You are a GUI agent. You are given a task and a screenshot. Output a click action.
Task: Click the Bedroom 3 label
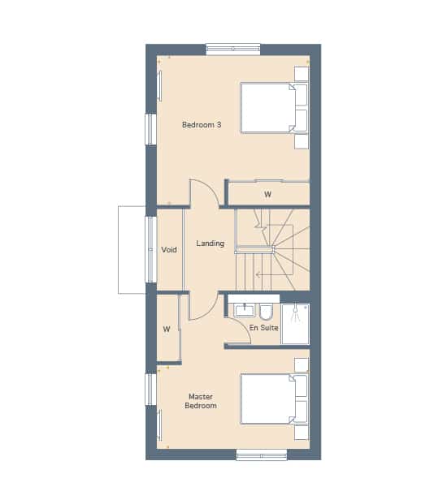(202, 125)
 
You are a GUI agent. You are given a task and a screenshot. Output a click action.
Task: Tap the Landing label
(210, 243)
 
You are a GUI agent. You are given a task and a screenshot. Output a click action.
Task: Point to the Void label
(169, 250)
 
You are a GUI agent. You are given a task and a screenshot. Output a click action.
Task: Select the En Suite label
(264, 328)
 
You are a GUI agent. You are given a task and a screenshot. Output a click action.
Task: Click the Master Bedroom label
(201, 401)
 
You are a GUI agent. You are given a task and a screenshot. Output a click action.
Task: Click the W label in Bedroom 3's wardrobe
(267, 195)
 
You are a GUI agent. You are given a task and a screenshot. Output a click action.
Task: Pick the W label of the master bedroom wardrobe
(167, 329)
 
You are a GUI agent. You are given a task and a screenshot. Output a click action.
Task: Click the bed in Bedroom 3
(274, 108)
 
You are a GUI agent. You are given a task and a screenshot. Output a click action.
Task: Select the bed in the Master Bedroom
(274, 399)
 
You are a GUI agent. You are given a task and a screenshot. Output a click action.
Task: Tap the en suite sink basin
(244, 310)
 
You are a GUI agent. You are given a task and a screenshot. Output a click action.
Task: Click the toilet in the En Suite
(267, 312)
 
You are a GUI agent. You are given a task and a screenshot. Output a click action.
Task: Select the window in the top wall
(233, 49)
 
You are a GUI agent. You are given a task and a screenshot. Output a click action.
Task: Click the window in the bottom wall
(262, 455)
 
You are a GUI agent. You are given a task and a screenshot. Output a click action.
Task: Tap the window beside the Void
(151, 250)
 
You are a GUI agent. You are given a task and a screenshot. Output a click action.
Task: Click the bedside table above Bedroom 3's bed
(302, 74)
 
